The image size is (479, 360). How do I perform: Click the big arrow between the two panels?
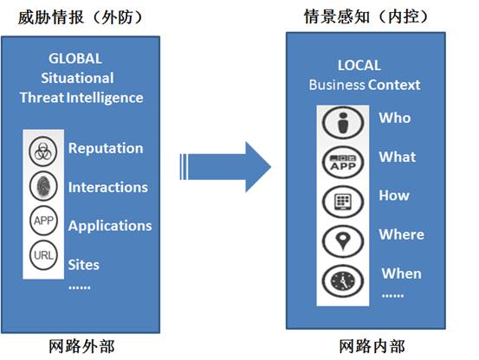point(225,167)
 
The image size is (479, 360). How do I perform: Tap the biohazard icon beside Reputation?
point(43,151)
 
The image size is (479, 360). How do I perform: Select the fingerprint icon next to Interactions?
point(43,186)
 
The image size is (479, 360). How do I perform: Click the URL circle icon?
point(43,255)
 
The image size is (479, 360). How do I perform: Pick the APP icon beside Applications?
point(43,221)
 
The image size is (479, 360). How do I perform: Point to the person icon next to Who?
point(343,123)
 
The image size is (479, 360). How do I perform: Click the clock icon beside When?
point(343,281)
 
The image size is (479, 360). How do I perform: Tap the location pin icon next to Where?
point(343,241)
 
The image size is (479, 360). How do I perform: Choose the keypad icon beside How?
point(343,202)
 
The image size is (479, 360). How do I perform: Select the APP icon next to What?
point(343,162)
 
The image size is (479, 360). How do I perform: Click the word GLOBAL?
point(75,59)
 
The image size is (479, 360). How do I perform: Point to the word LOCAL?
point(359,65)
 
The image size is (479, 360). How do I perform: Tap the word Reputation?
point(106,149)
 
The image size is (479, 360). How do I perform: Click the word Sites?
point(83,265)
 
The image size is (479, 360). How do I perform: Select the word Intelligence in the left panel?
point(105,99)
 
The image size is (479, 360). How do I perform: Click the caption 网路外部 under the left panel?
point(82,346)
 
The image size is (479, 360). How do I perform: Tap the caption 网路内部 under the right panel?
point(372,346)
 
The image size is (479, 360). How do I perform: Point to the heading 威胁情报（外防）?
point(80,17)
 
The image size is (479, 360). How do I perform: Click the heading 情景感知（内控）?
point(366,16)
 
